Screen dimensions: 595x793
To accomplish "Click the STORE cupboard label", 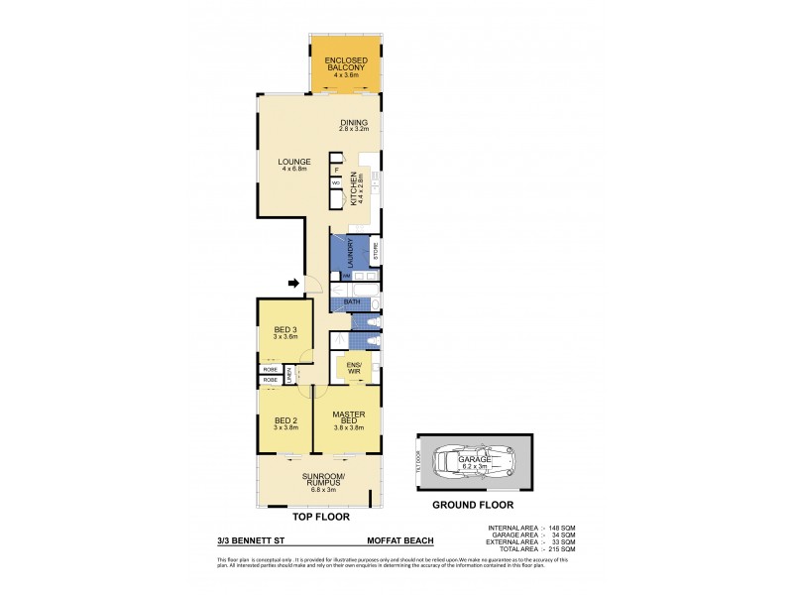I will click(x=377, y=253).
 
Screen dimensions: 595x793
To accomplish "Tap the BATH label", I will click(x=350, y=301).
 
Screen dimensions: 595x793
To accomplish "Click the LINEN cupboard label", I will click(x=289, y=374).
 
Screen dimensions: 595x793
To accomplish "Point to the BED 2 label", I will click(x=284, y=421).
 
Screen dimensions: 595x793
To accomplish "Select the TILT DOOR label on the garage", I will click(x=421, y=463).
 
